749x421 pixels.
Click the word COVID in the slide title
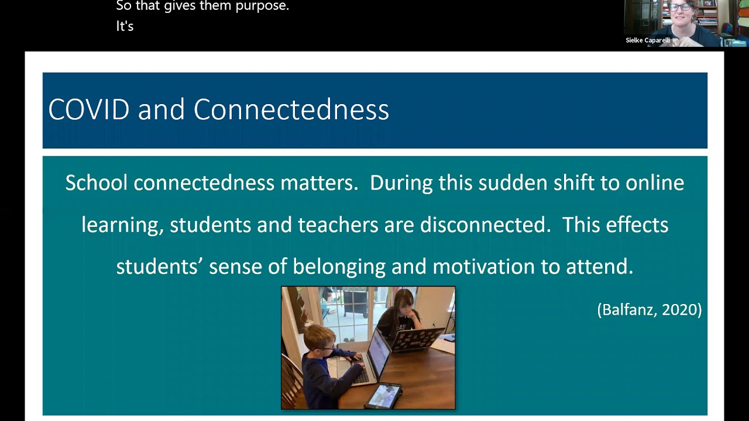pyautogui.click(x=88, y=109)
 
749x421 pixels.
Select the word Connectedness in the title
pyautogui.click(x=291, y=109)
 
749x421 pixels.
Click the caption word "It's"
pyautogui.click(x=125, y=26)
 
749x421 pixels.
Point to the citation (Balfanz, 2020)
pyautogui.click(x=649, y=309)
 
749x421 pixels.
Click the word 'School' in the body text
pyautogui.click(x=96, y=183)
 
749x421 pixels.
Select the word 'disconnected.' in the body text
pyautogui.click(x=485, y=225)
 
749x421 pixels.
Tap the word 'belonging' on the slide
pyautogui.click(x=339, y=267)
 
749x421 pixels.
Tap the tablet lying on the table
pyautogui.click(x=384, y=396)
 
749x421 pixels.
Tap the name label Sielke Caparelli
pyautogui.click(x=647, y=40)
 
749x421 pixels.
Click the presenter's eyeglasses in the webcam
pyautogui.click(x=680, y=8)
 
